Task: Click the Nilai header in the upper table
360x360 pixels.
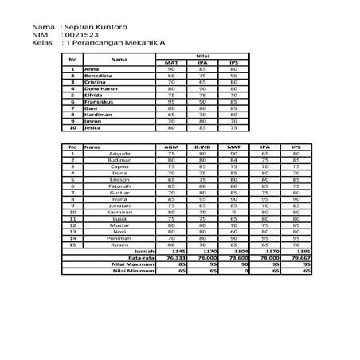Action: click(x=202, y=57)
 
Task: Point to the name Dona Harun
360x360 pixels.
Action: click(x=102, y=88)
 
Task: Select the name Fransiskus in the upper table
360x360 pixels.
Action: click(x=101, y=101)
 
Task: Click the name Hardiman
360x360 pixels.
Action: click(x=100, y=114)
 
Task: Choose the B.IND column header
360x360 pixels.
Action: click(x=202, y=147)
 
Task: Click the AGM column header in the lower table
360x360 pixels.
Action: click(x=170, y=147)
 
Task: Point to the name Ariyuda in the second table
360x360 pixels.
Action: click(x=120, y=153)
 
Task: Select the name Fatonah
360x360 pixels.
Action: click(x=120, y=186)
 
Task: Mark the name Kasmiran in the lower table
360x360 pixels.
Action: click(x=120, y=212)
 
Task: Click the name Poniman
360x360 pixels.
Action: click(x=120, y=238)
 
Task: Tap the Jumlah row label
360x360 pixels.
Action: click(x=143, y=252)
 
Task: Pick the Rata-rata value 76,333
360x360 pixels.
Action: click(x=175, y=258)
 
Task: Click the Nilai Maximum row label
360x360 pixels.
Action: click(x=135, y=264)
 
